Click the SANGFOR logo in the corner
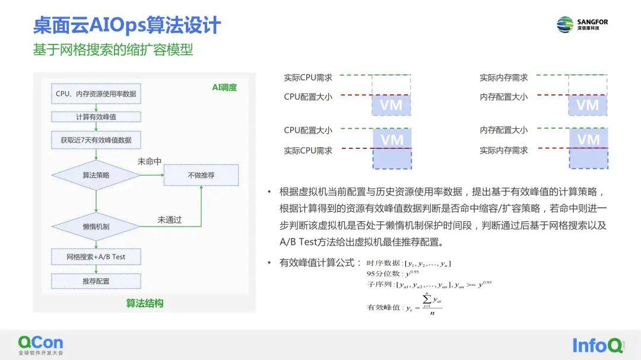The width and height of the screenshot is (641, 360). coord(582,24)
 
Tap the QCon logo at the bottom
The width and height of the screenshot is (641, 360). coord(40,344)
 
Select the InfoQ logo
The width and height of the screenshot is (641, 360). coord(598,345)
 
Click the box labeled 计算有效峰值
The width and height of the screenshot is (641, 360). coord(96,117)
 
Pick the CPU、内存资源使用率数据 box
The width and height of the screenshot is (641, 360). coord(96,94)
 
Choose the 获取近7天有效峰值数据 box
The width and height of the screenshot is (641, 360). coord(96,140)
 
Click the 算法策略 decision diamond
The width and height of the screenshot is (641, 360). coord(96,175)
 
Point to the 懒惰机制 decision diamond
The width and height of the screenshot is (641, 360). coord(96,227)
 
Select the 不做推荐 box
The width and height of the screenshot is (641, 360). coord(201,175)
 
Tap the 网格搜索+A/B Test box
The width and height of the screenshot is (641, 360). coord(96,257)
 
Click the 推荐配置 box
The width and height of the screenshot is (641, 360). coord(96,281)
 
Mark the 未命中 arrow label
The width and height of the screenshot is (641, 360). coord(150,161)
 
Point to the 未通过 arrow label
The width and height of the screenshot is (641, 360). coord(169,219)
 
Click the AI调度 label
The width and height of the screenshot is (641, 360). coord(224,88)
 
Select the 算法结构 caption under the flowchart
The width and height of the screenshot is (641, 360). coord(145,303)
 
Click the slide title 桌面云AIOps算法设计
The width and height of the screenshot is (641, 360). coord(126,26)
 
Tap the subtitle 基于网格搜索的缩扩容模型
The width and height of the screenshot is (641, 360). coord(113,50)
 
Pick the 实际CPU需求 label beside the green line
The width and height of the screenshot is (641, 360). coord(308,78)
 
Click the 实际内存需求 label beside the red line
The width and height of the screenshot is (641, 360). coord(504,151)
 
